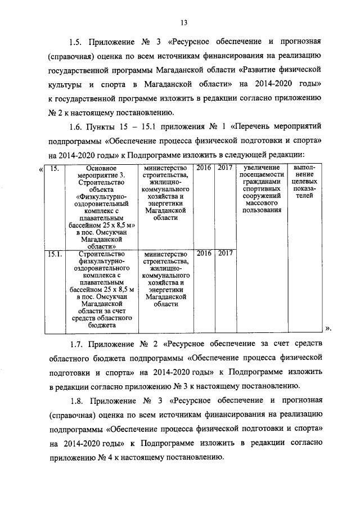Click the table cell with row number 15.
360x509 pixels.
[53, 168]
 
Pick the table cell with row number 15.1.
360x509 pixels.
[55, 254]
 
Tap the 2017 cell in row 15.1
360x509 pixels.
[226, 254]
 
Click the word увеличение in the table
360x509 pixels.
[259, 168]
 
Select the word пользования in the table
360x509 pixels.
[259, 210]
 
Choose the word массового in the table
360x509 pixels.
[259, 203]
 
